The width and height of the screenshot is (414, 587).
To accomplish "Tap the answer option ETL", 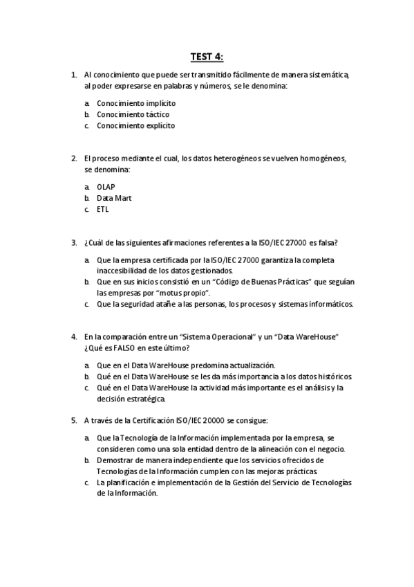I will tap(102, 209).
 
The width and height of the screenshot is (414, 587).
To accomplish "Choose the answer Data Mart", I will tap(114, 198).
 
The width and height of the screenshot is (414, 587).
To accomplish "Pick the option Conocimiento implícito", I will tap(136, 103).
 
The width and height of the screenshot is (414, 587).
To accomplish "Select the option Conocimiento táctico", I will tap(133, 114).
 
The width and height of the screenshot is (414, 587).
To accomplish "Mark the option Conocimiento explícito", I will tap(135, 125).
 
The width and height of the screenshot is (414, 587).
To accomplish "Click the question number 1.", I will tap(73, 74).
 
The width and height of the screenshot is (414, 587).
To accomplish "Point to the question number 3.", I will tap(73, 242).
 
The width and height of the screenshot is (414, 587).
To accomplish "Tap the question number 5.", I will tap(73, 419).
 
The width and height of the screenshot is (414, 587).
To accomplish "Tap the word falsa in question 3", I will tap(327, 242).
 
